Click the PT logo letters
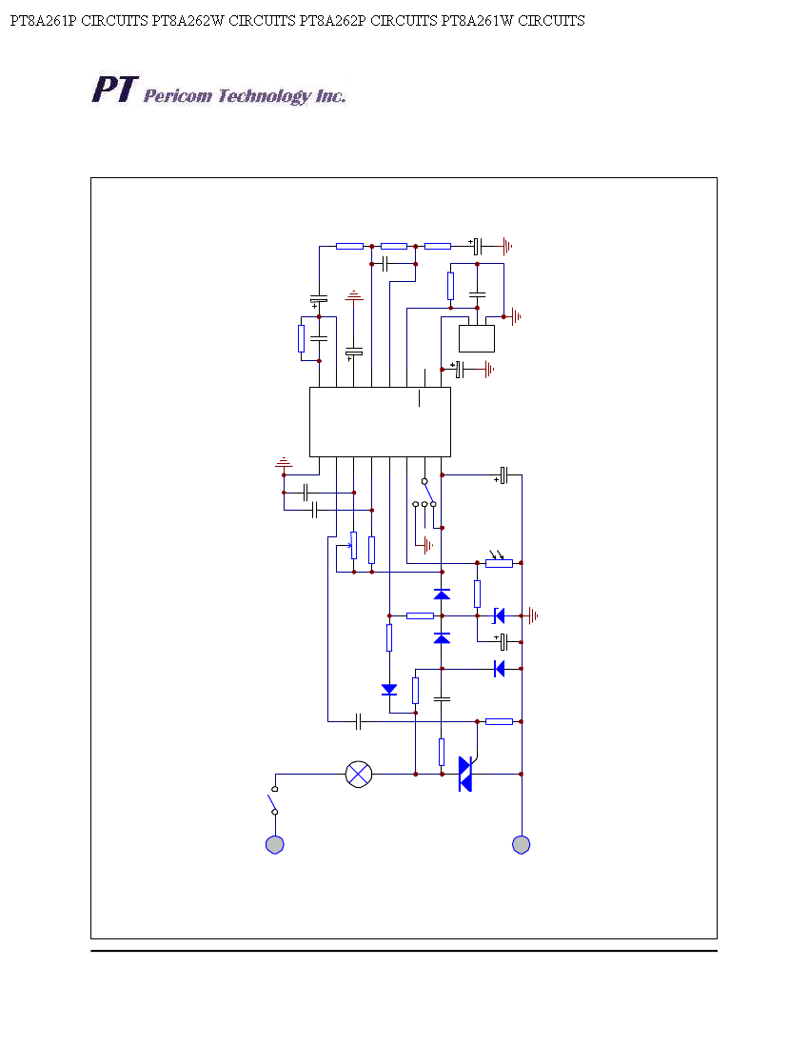(x=115, y=90)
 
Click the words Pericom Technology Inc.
(x=245, y=96)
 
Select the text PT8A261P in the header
(x=44, y=21)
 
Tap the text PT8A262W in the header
(x=188, y=21)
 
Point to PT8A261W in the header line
(x=477, y=21)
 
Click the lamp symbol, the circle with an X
(x=359, y=775)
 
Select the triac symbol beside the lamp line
(x=466, y=774)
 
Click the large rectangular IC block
(x=380, y=422)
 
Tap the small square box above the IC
(x=477, y=339)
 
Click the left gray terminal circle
(x=275, y=845)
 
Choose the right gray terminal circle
(x=522, y=845)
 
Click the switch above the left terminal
(x=274, y=800)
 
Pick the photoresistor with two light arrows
(x=500, y=560)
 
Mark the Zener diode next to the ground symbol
(x=499, y=615)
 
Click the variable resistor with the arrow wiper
(x=352, y=545)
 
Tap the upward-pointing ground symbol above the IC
(x=354, y=295)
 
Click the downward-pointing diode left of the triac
(x=389, y=690)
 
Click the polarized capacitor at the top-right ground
(x=477, y=247)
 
